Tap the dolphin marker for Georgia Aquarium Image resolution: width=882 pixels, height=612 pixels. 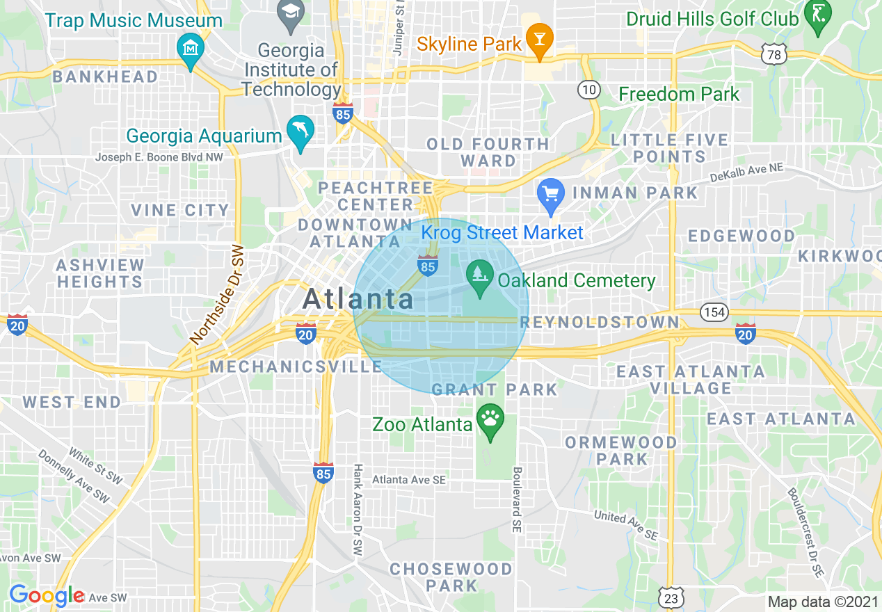pos(300,131)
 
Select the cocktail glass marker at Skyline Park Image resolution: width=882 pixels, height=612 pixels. pos(538,39)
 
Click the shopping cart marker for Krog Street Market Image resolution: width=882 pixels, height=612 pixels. pos(552,195)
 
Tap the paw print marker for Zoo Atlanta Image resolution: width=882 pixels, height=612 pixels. pos(490,420)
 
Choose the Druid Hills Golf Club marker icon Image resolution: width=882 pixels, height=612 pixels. pos(816,15)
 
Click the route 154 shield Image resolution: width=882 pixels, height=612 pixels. pos(714,312)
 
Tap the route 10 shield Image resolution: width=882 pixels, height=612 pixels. pos(588,90)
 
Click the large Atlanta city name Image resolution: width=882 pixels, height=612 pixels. pos(358,299)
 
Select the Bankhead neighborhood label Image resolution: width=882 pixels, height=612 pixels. pos(105,76)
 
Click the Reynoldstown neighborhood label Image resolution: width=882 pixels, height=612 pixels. pos(599,321)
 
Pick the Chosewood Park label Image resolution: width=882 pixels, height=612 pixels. pos(451,577)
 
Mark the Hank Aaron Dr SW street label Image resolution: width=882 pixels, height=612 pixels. pos(358,509)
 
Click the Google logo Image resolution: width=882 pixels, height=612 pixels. pos(47,596)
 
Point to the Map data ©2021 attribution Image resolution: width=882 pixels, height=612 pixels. pos(822,602)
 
